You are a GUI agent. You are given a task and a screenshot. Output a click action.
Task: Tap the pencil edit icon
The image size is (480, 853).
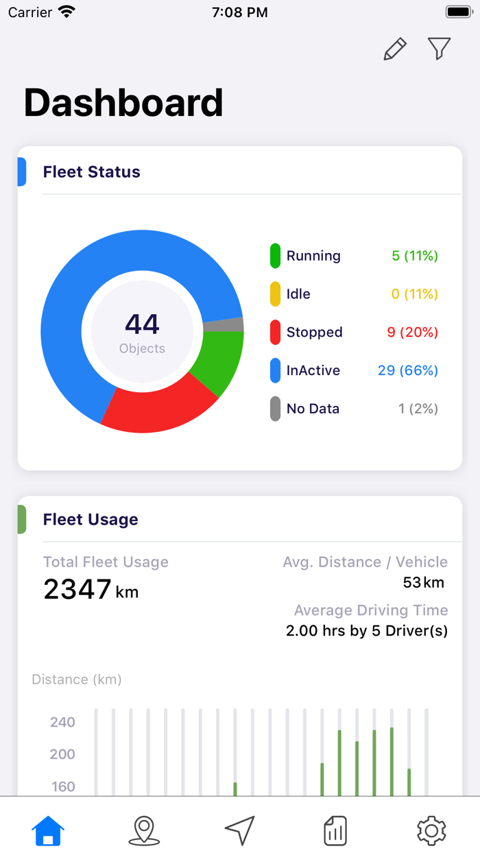(x=395, y=49)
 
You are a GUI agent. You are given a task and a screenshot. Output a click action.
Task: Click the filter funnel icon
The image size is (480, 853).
(x=439, y=49)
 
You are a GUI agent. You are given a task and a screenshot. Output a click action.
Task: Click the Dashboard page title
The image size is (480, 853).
(x=123, y=103)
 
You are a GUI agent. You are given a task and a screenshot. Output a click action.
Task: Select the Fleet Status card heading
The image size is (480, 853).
(x=91, y=172)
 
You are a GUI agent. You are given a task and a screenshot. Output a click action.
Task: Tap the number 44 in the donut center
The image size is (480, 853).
(x=142, y=324)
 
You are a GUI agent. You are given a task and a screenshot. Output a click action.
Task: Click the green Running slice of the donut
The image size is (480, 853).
(x=218, y=361)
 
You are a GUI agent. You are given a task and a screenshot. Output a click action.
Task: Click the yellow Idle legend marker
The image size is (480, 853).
(x=275, y=294)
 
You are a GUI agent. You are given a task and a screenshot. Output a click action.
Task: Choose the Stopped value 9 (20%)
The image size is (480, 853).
(x=412, y=333)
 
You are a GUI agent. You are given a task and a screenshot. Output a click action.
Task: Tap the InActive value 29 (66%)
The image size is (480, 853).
(x=407, y=371)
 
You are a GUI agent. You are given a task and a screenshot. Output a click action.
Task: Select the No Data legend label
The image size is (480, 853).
(x=313, y=409)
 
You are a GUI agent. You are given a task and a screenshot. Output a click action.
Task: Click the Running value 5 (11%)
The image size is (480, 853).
(x=414, y=256)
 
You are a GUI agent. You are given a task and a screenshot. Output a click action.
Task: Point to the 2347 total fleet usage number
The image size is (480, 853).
(x=77, y=589)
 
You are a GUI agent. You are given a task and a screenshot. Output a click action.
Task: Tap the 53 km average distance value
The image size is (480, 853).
(x=423, y=583)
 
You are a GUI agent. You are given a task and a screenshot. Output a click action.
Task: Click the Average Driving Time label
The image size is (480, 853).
(x=370, y=610)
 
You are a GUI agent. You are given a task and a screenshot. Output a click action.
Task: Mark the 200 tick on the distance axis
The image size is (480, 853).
(x=62, y=754)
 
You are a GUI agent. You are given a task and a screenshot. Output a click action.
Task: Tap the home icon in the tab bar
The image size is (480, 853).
(x=48, y=830)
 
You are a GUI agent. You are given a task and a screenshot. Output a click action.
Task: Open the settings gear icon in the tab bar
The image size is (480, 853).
(x=431, y=830)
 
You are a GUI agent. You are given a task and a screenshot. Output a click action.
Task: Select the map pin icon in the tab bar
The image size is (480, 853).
(x=144, y=830)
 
